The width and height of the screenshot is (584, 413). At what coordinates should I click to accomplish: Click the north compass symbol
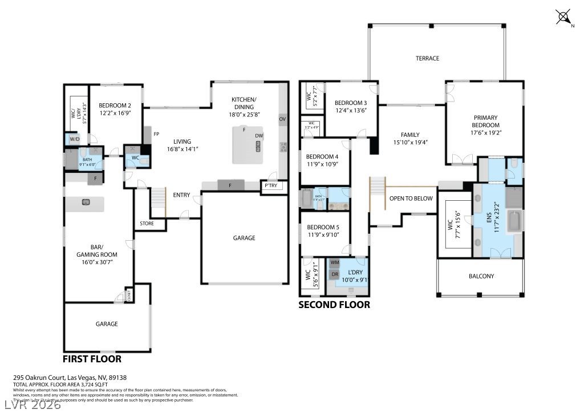pyautogui.click(x=563, y=17)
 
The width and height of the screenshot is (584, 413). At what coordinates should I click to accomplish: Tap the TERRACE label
pyautogui.click(x=427, y=58)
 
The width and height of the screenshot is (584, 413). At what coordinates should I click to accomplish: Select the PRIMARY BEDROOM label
pyautogui.click(x=485, y=122)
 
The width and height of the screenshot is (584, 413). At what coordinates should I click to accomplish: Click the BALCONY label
pyautogui.click(x=481, y=276)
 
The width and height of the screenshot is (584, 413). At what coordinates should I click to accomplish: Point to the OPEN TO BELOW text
pyautogui.click(x=411, y=199)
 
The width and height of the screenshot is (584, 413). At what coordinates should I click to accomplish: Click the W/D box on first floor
pyautogui.click(x=75, y=139)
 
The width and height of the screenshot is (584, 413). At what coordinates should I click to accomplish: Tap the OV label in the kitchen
pyautogui.click(x=282, y=119)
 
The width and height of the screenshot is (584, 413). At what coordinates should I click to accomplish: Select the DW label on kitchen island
pyautogui.click(x=259, y=136)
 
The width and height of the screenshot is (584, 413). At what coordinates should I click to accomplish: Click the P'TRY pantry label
pyautogui.click(x=270, y=185)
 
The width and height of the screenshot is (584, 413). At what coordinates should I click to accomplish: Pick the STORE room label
pyautogui.click(x=147, y=224)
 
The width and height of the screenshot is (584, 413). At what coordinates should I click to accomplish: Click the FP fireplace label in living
pyautogui.click(x=156, y=133)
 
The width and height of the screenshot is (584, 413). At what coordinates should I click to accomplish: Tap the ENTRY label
pyautogui.click(x=181, y=195)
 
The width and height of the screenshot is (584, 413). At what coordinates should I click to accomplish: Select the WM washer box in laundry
pyautogui.click(x=335, y=262)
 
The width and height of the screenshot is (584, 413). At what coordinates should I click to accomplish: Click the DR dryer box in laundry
pyautogui.click(x=335, y=274)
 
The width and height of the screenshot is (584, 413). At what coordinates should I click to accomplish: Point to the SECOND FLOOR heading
pyautogui.click(x=334, y=305)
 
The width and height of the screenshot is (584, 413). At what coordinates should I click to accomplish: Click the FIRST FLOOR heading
pyautogui.click(x=92, y=359)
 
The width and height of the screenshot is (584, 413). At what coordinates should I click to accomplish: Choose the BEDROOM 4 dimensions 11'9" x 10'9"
pyautogui.click(x=322, y=164)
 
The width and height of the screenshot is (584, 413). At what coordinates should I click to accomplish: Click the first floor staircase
pyautogui.click(x=158, y=201)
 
